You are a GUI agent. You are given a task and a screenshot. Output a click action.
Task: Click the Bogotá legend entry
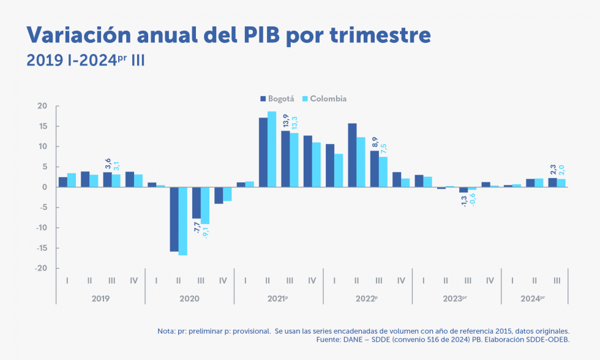point(277,99)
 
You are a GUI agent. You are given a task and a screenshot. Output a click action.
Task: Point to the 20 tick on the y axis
point(42,106)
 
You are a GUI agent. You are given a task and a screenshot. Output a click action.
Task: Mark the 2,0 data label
point(561,170)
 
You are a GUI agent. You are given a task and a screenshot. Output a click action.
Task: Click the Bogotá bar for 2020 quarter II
point(174,219)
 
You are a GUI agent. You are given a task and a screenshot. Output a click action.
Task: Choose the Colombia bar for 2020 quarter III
point(205,205)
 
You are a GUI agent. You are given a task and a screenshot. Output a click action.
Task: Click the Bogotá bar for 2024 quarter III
point(552,182)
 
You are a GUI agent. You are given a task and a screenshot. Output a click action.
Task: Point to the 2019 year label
point(100,299)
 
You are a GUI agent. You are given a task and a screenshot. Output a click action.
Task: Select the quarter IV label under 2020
point(223,280)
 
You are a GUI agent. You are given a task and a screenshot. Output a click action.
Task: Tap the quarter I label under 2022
point(334,280)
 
